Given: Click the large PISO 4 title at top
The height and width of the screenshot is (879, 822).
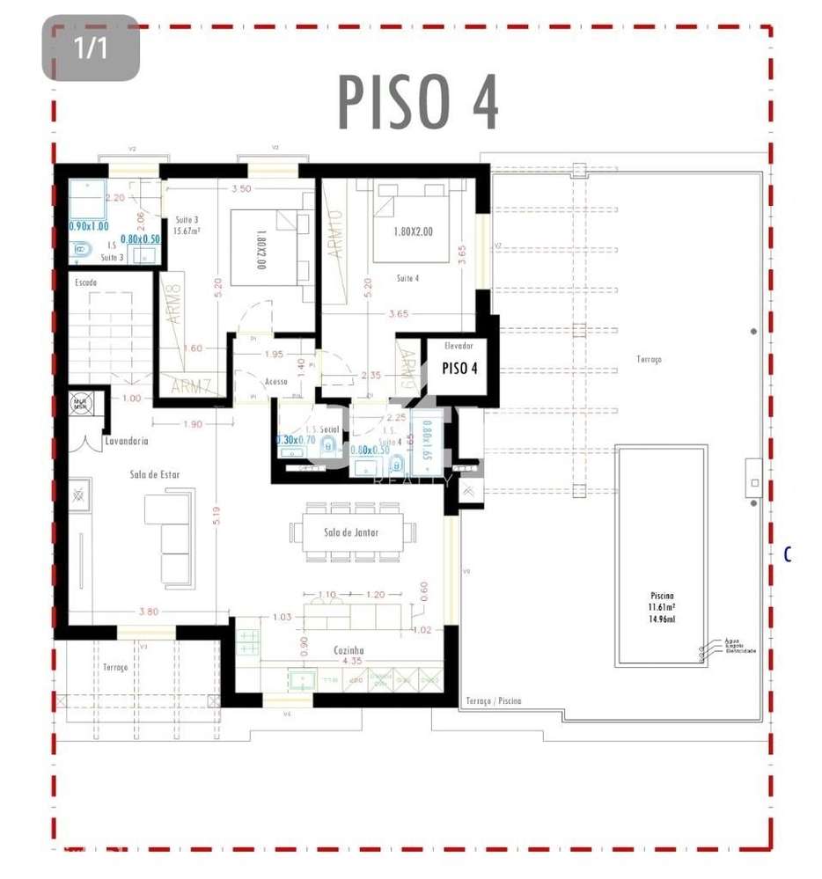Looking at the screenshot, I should [419, 102].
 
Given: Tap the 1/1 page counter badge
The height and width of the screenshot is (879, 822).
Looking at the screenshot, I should [91, 48].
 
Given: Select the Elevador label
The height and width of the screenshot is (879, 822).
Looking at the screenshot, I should [459, 347].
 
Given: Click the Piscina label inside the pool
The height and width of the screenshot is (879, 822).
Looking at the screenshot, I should [661, 597].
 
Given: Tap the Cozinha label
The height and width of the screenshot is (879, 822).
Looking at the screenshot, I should [349, 650].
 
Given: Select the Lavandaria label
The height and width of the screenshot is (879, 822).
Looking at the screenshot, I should [126, 440].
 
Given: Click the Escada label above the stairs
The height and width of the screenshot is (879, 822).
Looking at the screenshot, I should [85, 282].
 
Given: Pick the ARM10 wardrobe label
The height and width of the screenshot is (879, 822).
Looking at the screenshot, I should [334, 232].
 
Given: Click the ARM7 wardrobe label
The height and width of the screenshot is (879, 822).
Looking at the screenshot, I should [191, 385].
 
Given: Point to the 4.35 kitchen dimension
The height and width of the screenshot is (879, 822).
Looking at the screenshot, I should [352, 661].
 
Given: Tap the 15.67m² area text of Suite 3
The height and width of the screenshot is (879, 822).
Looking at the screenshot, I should [187, 231].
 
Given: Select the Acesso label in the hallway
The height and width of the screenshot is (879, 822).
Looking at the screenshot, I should [276, 381].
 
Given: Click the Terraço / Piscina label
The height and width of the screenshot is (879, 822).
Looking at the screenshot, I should [491, 700].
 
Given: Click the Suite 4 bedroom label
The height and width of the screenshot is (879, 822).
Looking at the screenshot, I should [407, 278].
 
